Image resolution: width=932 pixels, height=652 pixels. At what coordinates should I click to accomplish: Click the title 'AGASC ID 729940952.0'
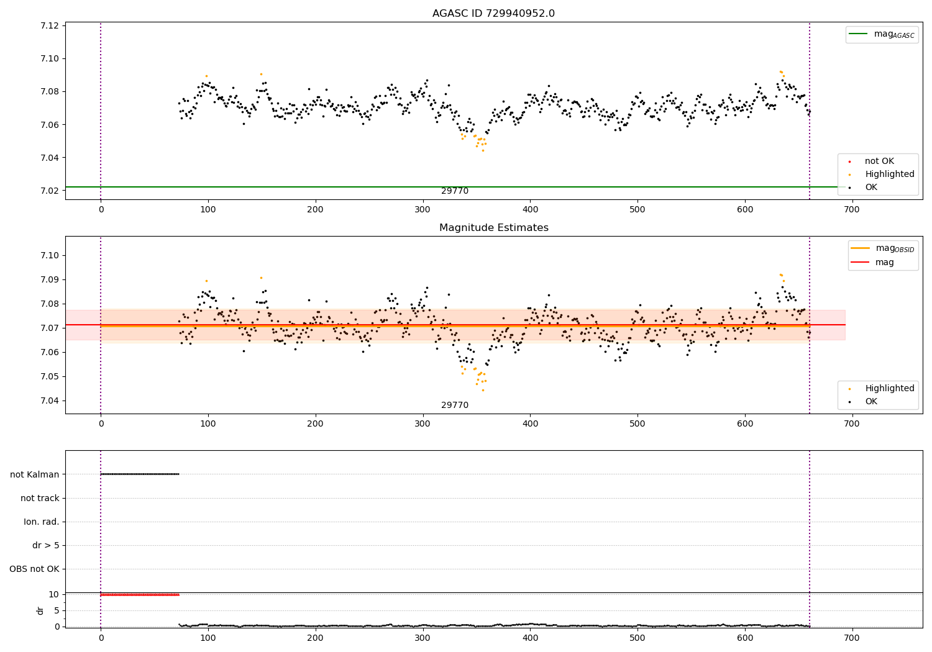(x=493, y=14)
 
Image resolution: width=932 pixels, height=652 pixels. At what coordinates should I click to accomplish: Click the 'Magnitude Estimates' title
(x=493, y=228)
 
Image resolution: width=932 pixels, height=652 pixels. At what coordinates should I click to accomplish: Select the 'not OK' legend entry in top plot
(x=879, y=161)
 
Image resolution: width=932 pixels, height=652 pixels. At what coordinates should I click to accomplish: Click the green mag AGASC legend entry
(x=882, y=34)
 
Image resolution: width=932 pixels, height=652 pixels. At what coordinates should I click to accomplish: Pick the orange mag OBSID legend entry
(x=882, y=248)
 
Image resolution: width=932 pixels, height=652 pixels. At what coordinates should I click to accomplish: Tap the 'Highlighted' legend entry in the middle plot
(x=889, y=389)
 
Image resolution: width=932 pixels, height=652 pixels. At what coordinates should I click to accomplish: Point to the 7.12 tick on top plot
(x=50, y=25)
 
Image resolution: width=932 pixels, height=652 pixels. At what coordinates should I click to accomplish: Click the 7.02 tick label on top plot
(x=50, y=191)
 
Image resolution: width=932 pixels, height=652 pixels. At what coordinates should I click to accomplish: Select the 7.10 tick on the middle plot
(x=50, y=255)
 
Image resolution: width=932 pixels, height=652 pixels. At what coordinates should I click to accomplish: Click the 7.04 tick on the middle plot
(x=50, y=401)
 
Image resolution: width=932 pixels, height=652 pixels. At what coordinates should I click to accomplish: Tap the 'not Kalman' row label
(x=35, y=474)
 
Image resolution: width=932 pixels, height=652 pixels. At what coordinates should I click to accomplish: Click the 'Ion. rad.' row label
(x=42, y=522)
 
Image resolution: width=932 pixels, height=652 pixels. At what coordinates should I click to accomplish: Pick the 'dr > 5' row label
(x=46, y=546)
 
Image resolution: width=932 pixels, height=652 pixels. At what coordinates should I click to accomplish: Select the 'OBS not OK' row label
(x=35, y=569)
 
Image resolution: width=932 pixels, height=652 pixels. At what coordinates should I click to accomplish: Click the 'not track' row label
(x=40, y=498)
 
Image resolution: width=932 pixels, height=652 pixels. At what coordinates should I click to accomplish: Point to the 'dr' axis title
(x=40, y=610)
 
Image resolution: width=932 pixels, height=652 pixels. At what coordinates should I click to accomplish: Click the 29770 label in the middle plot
(x=455, y=405)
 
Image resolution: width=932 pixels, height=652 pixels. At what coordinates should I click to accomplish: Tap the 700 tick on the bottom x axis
(x=852, y=638)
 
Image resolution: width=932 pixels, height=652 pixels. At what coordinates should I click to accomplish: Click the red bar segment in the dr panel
(x=140, y=595)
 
